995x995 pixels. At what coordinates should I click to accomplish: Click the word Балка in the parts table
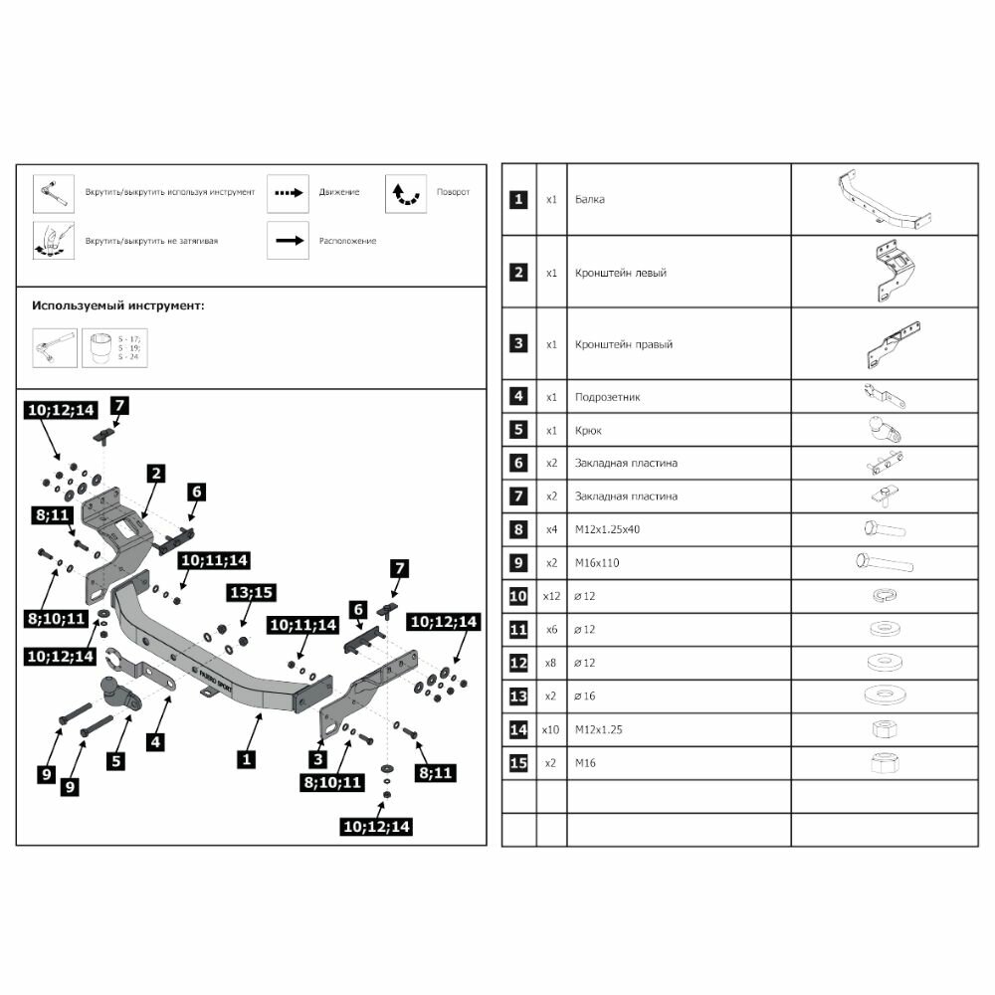590,200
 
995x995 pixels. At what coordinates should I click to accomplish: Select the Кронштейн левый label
621,273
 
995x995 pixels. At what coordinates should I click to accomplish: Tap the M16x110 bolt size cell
598,563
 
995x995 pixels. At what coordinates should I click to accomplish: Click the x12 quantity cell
551,596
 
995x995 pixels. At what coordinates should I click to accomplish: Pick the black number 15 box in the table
517,762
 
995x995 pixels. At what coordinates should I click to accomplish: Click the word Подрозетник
608,397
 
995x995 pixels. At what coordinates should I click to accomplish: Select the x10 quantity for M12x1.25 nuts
551,729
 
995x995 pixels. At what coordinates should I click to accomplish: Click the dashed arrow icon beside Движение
288,192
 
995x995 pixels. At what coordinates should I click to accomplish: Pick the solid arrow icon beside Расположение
288,240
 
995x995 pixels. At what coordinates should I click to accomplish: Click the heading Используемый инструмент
118,305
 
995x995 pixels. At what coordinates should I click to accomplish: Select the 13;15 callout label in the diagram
251,593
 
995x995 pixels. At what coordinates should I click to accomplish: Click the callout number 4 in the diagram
156,740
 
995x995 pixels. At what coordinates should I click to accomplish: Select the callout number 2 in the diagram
155,474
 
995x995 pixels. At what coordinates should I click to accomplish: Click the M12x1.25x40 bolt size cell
607,529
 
